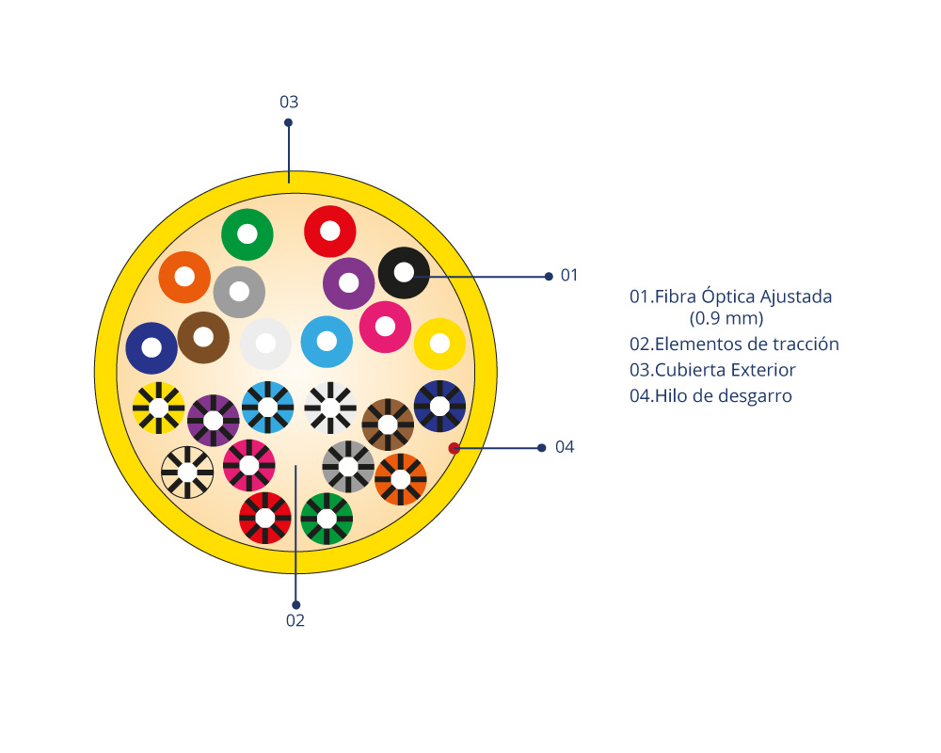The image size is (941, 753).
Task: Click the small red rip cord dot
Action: pyautogui.click(x=454, y=448)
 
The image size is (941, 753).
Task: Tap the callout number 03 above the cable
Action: pyautogui.click(x=289, y=102)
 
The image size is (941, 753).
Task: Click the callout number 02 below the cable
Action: pyautogui.click(x=295, y=620)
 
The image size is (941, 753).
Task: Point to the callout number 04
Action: pyautogui.click(x=565, y=447)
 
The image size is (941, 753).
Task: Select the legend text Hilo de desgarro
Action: pyautogui.click(x=723, y=396)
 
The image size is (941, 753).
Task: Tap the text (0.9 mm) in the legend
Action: pyautogui.click(x=726, y=317)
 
